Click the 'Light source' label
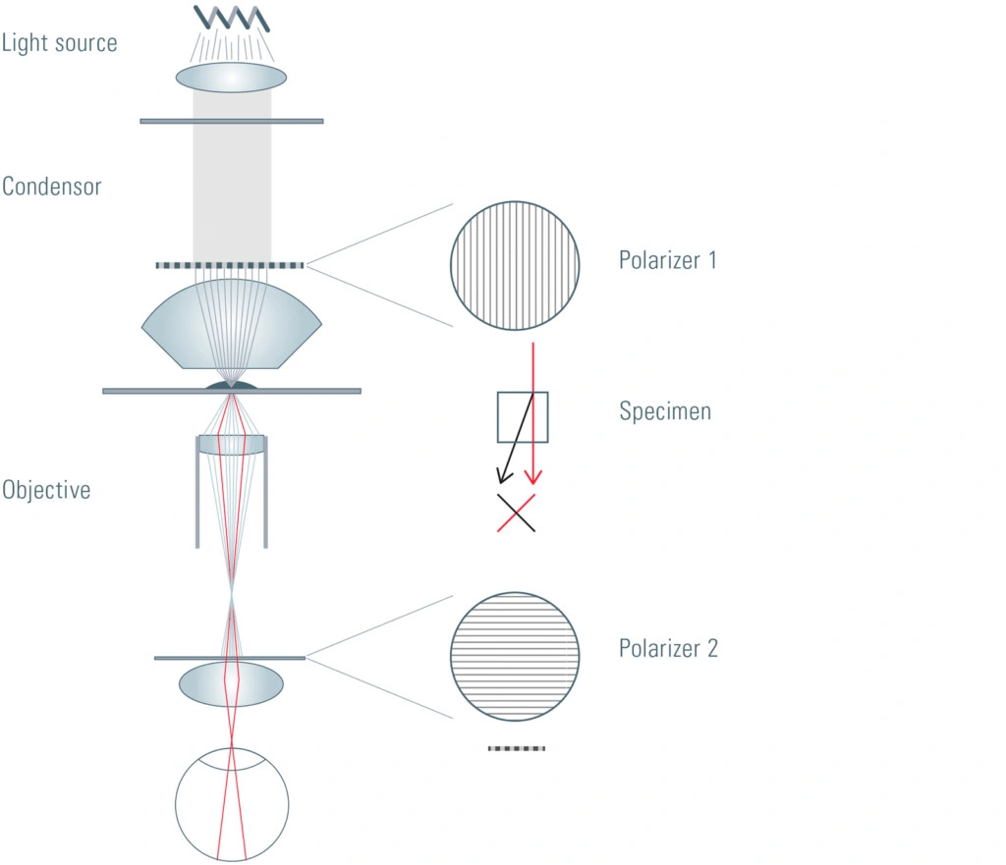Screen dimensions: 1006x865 59,43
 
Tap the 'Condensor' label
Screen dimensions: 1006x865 51,187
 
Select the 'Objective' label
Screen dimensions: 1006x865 46,490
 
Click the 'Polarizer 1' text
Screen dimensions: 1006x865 667,260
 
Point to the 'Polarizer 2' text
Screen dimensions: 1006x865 668,648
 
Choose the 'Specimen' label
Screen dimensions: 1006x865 665,411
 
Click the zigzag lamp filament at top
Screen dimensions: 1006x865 232,18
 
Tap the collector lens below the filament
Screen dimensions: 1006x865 231,78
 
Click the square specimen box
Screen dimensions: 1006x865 523,392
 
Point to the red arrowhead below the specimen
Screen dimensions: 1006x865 533,477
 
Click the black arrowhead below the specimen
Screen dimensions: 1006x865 504,475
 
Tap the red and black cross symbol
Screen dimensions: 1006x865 516,513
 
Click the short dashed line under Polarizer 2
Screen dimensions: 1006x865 517,748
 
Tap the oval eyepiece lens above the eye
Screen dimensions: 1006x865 231,683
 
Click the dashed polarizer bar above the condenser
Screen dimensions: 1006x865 230,265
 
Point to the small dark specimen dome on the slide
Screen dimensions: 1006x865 231,385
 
